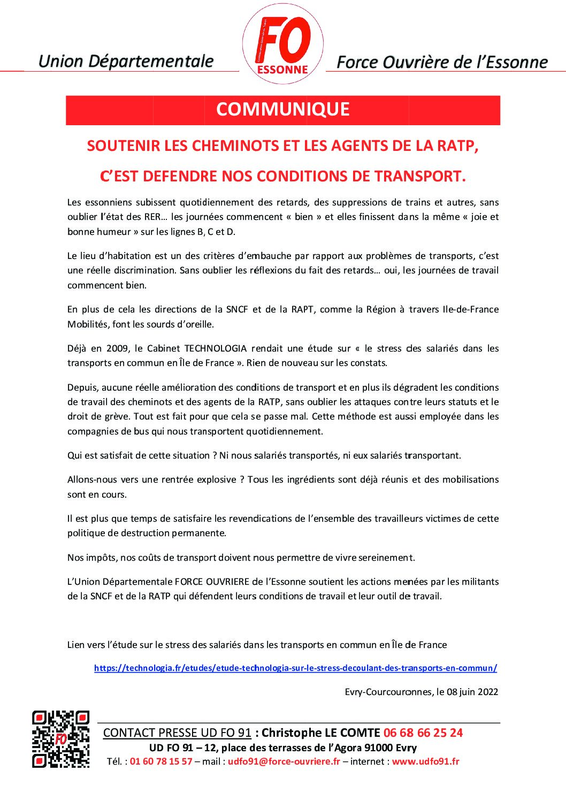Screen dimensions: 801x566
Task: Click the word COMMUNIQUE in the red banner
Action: (x=282, y=110)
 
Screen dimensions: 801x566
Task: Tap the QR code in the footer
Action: (x=60, y=739)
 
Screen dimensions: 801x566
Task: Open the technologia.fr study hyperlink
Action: (x=295, y=668)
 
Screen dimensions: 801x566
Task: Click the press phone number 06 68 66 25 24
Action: (x=423, y=733)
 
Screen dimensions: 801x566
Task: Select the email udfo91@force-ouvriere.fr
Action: (x=284, y=761)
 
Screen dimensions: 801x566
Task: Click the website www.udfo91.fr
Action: (x=425, y=761)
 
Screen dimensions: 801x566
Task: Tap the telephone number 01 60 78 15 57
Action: (x=160, y=761)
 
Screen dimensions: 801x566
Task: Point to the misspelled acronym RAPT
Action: (x=302, y=309)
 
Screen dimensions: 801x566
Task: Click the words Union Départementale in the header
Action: (x=126, y=62)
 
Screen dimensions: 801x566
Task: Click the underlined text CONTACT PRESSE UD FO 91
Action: (x=177, y=733)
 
